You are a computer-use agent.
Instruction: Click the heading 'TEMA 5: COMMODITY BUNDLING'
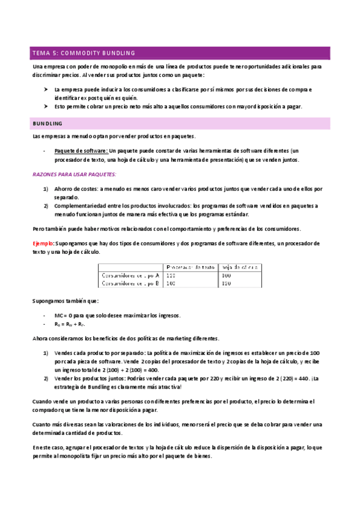point(84,52)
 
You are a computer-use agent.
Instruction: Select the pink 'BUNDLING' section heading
point(47,123)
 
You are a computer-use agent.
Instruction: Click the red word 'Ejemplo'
point(43,243)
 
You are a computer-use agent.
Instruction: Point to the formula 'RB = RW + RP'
point(71,325)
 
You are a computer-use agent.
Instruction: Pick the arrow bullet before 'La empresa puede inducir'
point(45,89)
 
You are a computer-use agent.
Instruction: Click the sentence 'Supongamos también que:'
point(66,301)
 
